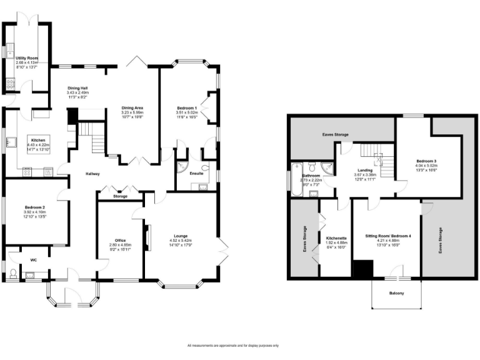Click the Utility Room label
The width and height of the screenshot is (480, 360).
[27, 57]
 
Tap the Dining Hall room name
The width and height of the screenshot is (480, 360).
[77, 89]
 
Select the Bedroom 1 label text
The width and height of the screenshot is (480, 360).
[187, 108]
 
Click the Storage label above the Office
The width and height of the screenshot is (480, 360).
[120, 196]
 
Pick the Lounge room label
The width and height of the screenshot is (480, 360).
[181, 236]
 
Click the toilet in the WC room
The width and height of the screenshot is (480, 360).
[12, 272]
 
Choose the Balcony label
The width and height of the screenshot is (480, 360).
[396, 292]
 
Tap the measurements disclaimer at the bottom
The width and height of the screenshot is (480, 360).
[232, 346]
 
